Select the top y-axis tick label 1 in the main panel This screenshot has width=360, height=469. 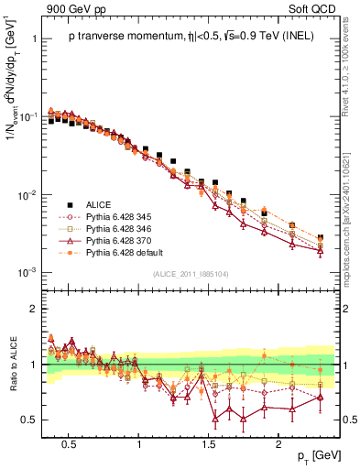tap(35, 39)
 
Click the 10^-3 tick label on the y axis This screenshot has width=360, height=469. tap(28, 273)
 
